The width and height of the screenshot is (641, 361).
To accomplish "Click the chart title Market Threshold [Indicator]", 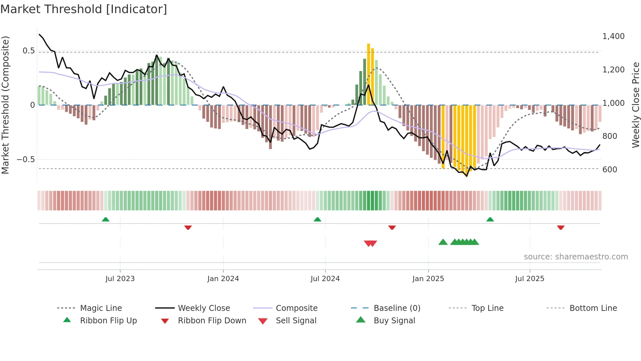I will pyautogui.click(x=84, y=9).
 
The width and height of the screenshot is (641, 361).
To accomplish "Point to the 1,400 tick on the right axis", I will pyautogui.click(x=613, y=36).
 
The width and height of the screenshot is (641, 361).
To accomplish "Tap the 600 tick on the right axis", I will pyautogui.click(x=610, y=170).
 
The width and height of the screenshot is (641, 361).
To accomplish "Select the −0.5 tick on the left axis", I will pyautogui.click(x=26, y=160).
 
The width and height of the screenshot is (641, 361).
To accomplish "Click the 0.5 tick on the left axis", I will pyautogui.click(x=28, y=51).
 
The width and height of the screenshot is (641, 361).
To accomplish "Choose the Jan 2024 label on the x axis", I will pyautogui.click(x=223, y=279).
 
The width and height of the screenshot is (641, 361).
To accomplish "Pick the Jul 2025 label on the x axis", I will pyautogui.click(x=529, y=279).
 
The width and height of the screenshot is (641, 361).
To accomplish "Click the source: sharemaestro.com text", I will pyautogui.click(x=576, y=257).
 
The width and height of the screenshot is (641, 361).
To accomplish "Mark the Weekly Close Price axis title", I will pyautogui.click(x=635, y=105).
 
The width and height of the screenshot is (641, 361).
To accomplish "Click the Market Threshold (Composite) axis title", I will pyautogui.click(x=5, y=105).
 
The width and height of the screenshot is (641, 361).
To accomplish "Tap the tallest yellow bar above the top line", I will pyautogui.click(x=369, y=74).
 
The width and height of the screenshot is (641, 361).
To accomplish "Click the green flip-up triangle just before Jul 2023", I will pyautogui.click(x=106, y=219).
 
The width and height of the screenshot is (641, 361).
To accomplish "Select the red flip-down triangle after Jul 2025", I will pyautogui.click(x=561, y=227).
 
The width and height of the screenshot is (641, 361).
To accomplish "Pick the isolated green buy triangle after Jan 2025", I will pyautogui.click(x=443, y=242).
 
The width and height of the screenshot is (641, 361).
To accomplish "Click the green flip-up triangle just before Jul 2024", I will pyautogui.click(x=317, y=219).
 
